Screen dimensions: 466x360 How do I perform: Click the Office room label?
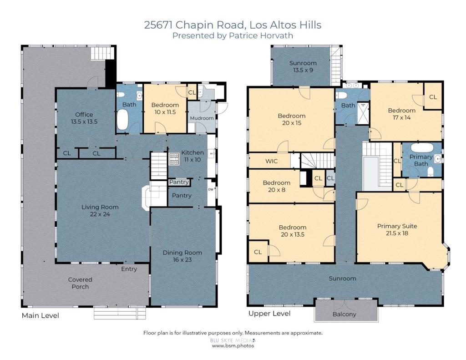[84, 114]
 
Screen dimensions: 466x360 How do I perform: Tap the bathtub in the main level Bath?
[122, 120]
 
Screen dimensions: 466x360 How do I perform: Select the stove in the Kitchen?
[174, 159]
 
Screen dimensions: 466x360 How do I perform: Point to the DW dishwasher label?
[211, 189]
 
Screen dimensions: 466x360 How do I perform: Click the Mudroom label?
[202, 118]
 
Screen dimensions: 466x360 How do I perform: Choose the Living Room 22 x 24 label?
[100, 210]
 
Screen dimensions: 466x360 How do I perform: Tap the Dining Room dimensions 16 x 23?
[182, 259]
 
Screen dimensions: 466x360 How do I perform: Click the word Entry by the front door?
[129, 269]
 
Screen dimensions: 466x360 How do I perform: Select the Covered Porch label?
[80, 283]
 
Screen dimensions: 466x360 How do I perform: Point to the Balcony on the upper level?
[344, 314]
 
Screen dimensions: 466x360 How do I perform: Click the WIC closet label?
[271, 161]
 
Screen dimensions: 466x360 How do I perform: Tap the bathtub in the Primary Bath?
[422, 148]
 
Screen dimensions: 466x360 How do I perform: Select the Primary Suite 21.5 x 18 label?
[397, 229]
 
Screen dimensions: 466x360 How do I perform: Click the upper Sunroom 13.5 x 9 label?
[303, 66]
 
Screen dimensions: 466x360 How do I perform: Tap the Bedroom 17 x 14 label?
[402, 114]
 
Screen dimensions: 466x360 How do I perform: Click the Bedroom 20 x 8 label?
[277, 186]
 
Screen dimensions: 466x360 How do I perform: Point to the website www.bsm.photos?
[233, 346]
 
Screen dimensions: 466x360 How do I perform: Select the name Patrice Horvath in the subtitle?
[261, 35]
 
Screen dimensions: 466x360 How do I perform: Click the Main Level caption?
[41, 315]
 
